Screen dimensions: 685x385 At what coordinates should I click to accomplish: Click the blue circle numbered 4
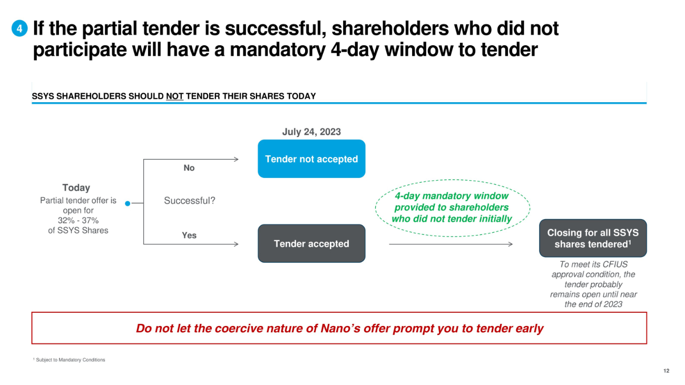coord(19,28)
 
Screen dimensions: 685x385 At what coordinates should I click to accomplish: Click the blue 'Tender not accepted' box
coord(311,159)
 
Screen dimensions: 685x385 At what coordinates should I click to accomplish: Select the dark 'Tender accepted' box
coord(311,243)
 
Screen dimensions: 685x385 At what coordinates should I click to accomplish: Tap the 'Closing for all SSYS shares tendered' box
coord(593,238)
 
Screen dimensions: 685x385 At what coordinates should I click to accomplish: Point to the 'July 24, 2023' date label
coord(311,132)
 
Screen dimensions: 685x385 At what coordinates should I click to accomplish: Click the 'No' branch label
coord(189,168)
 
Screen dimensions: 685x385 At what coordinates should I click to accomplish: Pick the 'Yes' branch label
coord(189,235)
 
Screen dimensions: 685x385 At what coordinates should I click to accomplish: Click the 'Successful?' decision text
coord(190,201)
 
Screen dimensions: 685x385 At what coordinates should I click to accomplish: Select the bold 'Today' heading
coord(76,187)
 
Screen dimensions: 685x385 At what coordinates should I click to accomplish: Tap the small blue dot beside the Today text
coord(128,203)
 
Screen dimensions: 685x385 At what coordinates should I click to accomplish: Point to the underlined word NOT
coord(174,96)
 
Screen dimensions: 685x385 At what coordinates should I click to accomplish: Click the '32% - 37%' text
coord(79,220)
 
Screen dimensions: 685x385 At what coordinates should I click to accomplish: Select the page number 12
coord(667,371)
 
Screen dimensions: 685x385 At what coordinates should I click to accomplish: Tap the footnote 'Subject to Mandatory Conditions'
coord(70,360)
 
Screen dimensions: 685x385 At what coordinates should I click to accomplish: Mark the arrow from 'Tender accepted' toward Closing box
coord(451,244)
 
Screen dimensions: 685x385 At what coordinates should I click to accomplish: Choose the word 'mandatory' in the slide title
coord(277,50)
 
